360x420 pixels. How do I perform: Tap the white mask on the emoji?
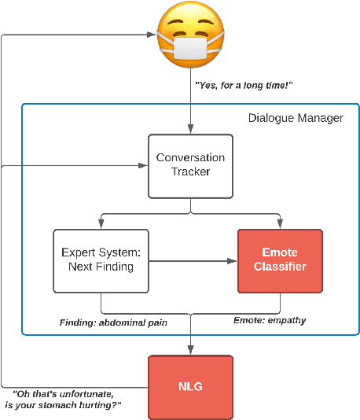pyautogui.click(x=190, y=50)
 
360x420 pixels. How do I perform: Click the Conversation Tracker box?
pyautogui.click(x=190, y=164)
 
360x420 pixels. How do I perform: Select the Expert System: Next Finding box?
pyautogui.click(x=101, y=260)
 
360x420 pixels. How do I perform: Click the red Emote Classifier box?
pyautogui.click(x=279, y=260)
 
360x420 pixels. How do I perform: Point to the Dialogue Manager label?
pyautogui.click(x=296, y=118)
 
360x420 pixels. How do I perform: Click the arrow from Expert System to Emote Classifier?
pyautogui.click(x=193, y=260)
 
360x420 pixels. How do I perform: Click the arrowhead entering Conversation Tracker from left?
pyautogui.click(x=143, y=165)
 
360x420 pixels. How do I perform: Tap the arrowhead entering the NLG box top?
pyautogui.click(x=190, y=350)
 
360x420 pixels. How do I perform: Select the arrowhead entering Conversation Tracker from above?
pyautogui.click(x=190, y=129)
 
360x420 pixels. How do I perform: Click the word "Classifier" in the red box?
pyautogui.click(x=279, y=267)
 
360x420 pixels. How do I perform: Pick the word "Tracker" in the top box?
pyautogui.click(x=190, y=171)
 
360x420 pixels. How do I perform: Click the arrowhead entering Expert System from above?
pyautogui.click(x=101, y=225)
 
